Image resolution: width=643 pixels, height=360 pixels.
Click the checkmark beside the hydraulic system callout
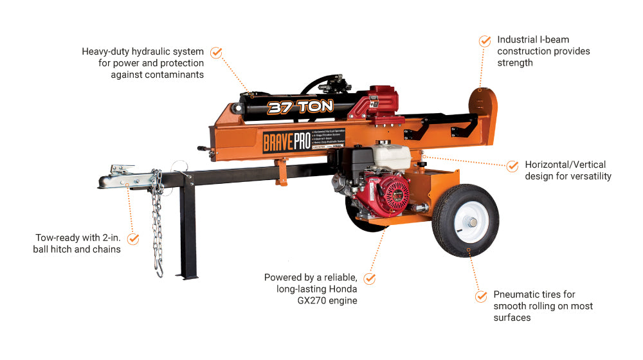217,52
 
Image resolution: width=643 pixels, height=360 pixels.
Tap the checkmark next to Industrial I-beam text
485,40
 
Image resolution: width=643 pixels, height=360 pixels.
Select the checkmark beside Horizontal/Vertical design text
512,166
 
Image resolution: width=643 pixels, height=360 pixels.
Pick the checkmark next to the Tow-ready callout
133,239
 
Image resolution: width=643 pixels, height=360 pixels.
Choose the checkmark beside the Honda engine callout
370,278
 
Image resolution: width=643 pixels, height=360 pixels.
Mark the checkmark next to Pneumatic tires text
481,296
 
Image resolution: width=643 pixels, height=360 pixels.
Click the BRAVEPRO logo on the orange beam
286,140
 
